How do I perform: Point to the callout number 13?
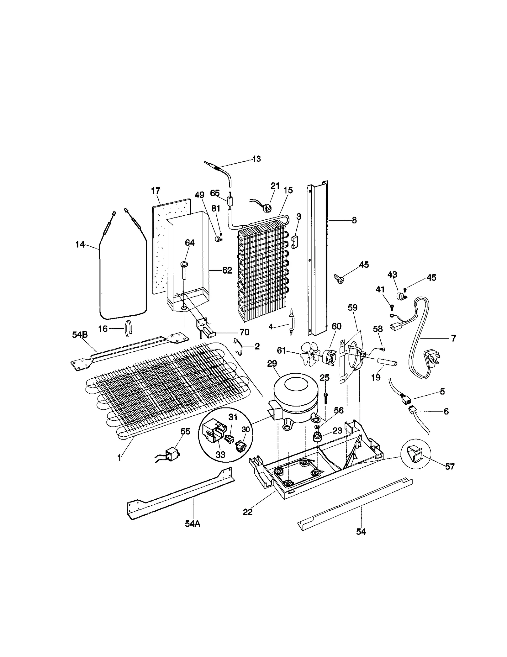click(256, 159)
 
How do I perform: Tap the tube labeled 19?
click(384, 362)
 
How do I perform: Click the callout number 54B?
click(80, 335)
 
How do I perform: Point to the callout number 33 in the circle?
click(220, 455)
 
